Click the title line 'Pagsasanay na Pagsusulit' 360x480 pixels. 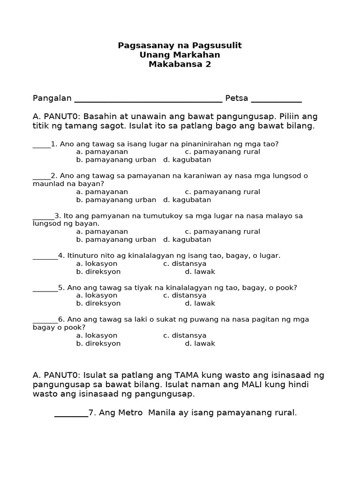click(180, 45)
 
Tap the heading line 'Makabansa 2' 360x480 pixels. click(180, 64)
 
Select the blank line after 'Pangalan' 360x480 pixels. click(148, 99)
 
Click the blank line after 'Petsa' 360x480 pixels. click(276, 99)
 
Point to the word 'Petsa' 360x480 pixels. click(237, 98)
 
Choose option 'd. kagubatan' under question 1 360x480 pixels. click(187, 160)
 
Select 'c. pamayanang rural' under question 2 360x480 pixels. click(222, 192)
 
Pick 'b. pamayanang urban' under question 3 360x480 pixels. click(116, 240)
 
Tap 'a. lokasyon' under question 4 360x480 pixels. click(97, 264)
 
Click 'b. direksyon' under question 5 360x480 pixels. click(98, 303)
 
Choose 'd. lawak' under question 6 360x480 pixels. click(200, 344)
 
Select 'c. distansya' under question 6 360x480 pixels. click(185, 336)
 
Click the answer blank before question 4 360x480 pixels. click(45, 257)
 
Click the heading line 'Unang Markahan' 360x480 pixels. click(180, 55)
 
